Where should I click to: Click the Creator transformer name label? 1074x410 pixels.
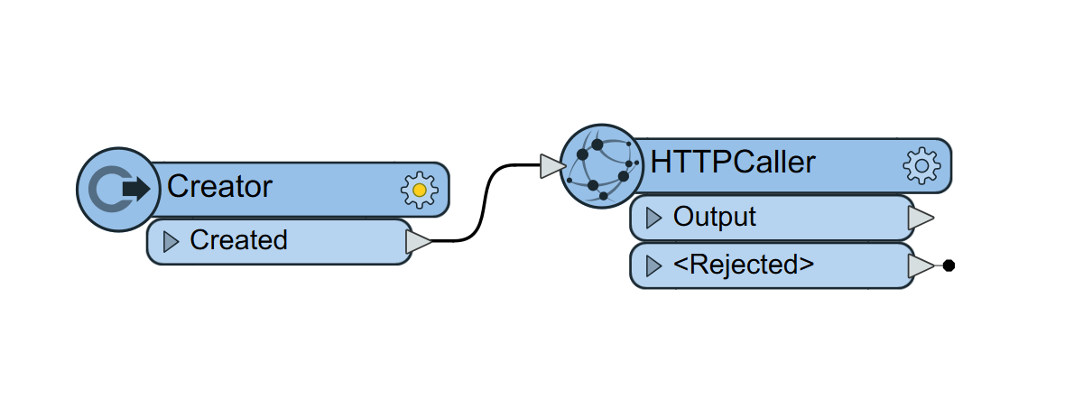[x=219, y=187]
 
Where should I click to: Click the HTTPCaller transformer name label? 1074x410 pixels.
[x=733, y=163]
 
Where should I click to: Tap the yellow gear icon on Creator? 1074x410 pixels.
[x=419, y=189]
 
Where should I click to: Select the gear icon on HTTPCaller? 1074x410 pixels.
[x=921, y=165]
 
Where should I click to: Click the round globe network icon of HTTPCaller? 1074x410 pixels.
[x=599, y=166]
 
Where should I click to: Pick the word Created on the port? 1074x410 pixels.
[x=238, y=240]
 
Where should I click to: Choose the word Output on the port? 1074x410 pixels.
[x=715, y=218]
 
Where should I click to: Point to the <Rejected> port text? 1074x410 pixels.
[x=743, y=266]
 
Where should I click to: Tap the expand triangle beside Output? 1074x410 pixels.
[x=654, y=218]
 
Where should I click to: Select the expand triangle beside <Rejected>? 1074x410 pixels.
[x=654, y=266]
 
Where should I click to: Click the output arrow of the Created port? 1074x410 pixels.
[x=419, y=241]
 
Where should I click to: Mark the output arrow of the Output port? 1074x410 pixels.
[x=920, y=218]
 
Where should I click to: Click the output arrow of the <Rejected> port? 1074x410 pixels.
[x=920, y=266]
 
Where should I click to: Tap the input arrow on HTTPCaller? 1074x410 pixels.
[x=551, y=166]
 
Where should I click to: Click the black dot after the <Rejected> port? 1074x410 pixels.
[x=949, y=266]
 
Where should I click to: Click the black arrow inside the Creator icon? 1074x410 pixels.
[x=135, y=188]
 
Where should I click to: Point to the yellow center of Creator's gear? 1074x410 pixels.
[x=419, y=189]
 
